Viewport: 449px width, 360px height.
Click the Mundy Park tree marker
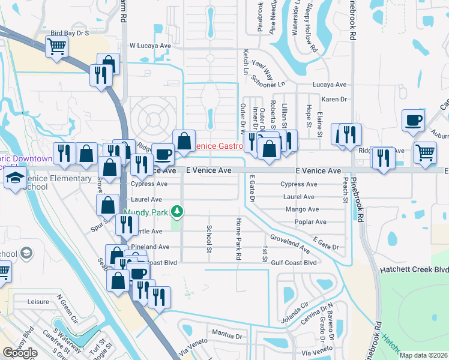[x=177, y=212]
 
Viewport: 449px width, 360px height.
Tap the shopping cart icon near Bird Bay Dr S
[x=56, y=46]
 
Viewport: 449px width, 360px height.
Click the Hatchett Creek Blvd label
[x=414, y=270]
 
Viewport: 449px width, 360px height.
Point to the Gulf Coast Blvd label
[x=294, y=263]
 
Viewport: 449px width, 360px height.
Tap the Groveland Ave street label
[x=290, y=242]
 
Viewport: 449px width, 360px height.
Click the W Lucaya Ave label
[x=151, y=46]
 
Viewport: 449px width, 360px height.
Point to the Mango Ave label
[x=302, y=209]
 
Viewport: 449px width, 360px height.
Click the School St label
[x=209, y=238]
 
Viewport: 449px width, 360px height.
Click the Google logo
[x=20, y=353]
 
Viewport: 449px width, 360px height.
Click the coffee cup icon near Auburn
[x=412, y=119]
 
